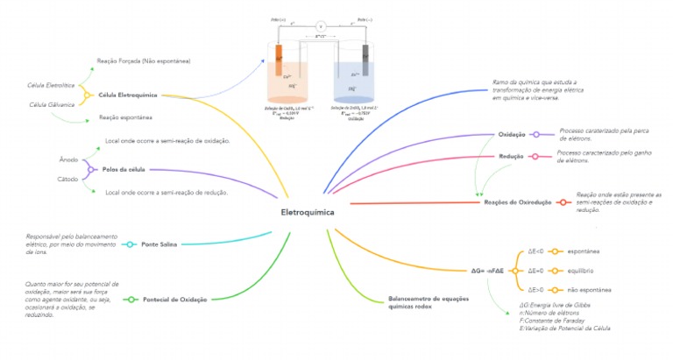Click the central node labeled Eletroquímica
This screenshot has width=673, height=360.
pos(307,213)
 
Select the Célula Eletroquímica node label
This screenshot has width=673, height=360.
pos(127,95)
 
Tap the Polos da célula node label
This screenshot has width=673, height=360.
pos(124,168)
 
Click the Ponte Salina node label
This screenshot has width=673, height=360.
pos(159,244)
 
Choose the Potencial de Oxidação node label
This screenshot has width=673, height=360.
pos(174,300)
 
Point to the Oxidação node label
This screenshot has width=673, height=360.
pos(512,135)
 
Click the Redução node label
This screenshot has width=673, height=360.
pos(511,156)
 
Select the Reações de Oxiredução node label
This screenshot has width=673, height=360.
pos(518,202)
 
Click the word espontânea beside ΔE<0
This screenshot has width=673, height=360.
pos(583,251)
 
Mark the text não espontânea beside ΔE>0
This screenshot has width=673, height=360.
pos(590,289)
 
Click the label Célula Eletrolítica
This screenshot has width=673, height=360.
pos(49,85)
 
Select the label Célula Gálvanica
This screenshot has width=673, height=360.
pos(49,105)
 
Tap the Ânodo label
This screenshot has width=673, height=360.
pos(68,160)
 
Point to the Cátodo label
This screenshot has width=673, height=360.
pos(68,178)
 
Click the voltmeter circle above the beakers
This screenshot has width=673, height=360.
pos(321,26)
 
